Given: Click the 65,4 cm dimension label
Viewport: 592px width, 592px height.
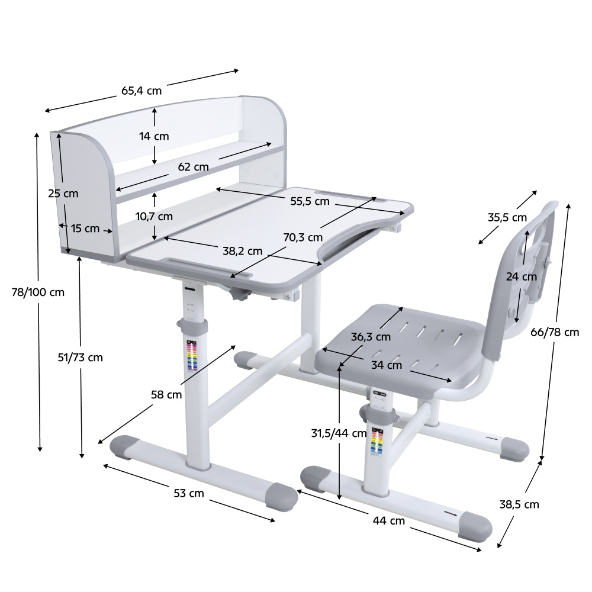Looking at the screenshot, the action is pos(141,91).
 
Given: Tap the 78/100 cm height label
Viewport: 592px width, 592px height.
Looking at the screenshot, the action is pos(38,292).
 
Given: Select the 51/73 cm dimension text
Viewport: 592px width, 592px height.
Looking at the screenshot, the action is pos(80,357).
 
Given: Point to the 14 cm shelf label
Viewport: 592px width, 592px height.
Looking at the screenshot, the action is pos(154,136).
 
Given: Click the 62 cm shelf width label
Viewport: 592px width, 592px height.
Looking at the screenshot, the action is pos(194,166).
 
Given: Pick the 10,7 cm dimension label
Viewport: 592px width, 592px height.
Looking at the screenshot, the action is pos(154,216).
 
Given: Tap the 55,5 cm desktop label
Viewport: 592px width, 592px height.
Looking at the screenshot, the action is pos(310,201).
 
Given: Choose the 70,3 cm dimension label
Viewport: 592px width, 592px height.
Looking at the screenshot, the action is pos(303,237).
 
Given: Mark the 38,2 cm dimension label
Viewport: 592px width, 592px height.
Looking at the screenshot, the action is pos(242,251).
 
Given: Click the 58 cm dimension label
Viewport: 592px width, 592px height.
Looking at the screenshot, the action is pos(166,395).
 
